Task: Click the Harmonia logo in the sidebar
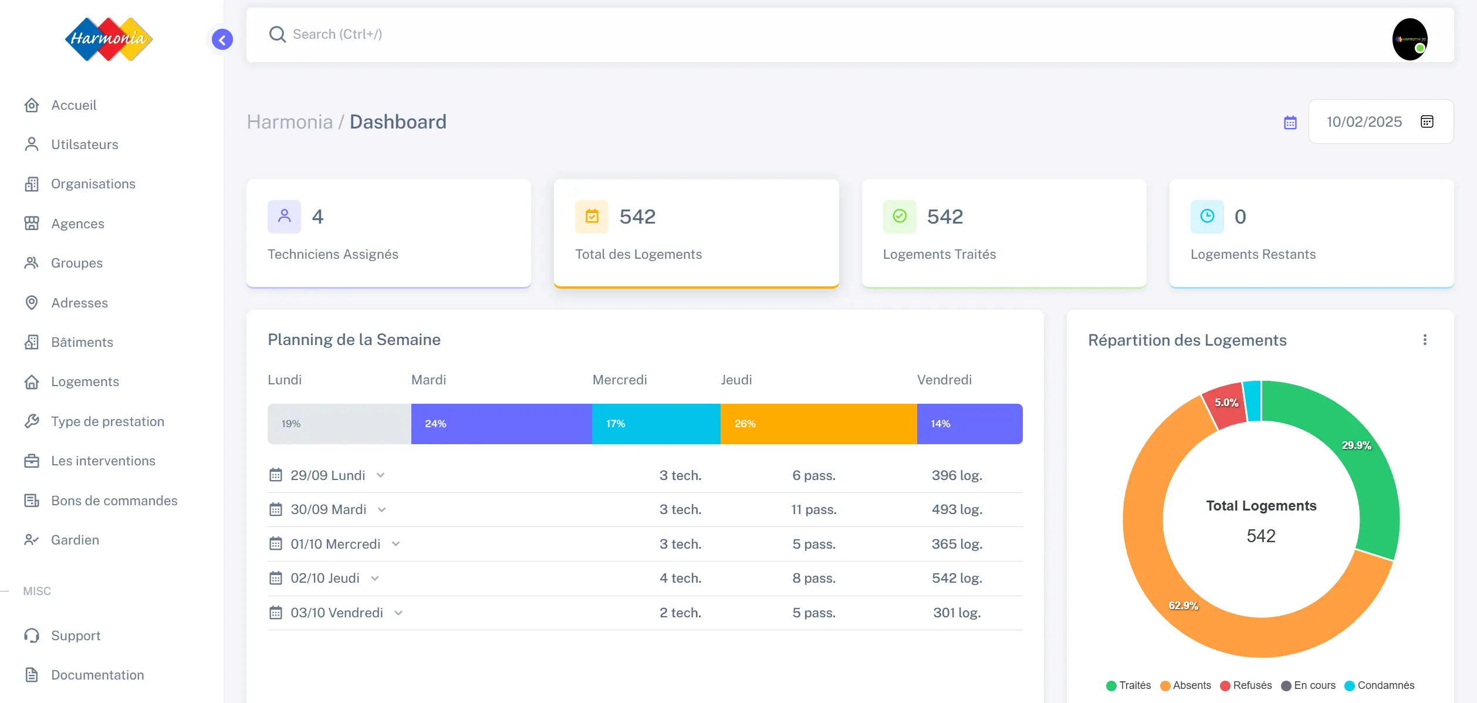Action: click(109, 39)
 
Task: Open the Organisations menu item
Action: click(93, 184)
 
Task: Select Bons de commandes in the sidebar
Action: click(114, 501)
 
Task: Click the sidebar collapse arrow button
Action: click(222, 39)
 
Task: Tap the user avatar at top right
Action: click(1410, 39)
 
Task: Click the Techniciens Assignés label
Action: click(333, 254)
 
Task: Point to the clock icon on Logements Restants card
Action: click(1207, 217)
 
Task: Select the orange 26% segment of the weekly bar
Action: click(818, 424)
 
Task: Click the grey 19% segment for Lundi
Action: click(339, 424)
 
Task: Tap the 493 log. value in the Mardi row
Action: click(956, 509)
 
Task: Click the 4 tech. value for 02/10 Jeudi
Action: click(680, 578)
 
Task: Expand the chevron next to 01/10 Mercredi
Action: click(396, 544)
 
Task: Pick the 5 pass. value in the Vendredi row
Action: click(813, 613)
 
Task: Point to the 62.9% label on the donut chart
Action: click(1183, 605)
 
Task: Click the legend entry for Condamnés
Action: click(1385, 685)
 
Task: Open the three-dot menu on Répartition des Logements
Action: click(1425, 340)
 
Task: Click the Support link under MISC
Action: click(76, 636)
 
